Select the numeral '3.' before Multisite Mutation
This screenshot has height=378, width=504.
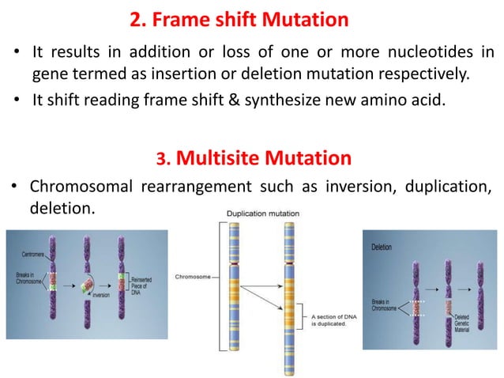pyautogui.click(x=164, y=160)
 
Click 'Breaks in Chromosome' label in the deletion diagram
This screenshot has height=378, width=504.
pyautogui.click(x=386, y=305)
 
